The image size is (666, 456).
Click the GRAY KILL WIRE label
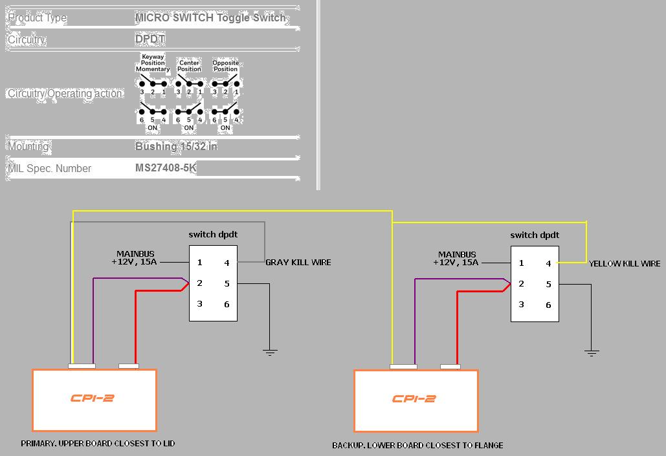298,263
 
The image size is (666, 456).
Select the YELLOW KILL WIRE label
625,264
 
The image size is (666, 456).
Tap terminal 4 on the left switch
227,263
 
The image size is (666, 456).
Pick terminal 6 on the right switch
548,305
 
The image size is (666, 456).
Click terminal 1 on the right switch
522,263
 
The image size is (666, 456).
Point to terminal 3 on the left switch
200,304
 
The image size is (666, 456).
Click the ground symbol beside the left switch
270,353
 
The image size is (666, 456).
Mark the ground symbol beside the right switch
591,353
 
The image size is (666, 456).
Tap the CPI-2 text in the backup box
414,398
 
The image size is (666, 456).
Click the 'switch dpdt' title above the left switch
213,234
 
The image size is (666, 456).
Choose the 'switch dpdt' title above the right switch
535,235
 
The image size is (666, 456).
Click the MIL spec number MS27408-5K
166,168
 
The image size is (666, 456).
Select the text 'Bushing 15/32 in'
176,146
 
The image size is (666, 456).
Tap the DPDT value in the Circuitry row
150,39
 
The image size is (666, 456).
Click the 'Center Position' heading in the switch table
189,66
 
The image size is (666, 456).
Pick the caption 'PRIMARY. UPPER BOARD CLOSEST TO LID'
98,444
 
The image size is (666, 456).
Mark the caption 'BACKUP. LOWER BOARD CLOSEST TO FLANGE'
417,445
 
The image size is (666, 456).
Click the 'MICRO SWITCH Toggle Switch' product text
210,18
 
